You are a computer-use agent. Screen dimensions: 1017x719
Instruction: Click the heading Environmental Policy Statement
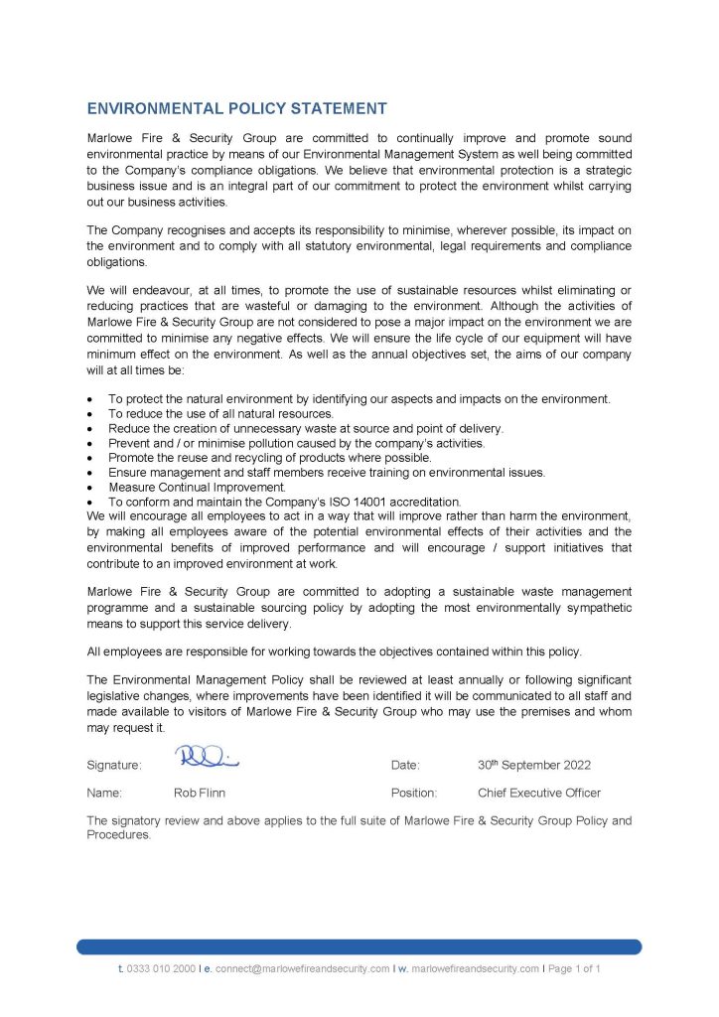coord(236,108)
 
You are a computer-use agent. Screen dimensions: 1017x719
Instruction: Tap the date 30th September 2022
coord(534,765)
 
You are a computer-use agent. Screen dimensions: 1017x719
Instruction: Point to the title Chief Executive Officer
coord(538,793)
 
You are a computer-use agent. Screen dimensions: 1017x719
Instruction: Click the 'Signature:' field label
coord(114,765)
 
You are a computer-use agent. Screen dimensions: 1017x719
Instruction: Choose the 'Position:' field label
coord(414,793)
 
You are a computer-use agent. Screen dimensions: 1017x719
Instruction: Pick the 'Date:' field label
coord(405,765)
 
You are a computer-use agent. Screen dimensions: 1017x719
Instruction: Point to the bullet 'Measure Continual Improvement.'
coord(197,488)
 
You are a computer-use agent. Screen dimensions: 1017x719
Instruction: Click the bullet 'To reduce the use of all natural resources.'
coord(220,413)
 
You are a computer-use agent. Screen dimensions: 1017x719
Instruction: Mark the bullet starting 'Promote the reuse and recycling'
coord(269,458)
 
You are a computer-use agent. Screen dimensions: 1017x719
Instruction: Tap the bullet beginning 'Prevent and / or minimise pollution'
coord(296,443)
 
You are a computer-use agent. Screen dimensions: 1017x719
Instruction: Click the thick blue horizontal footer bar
coord(359,946)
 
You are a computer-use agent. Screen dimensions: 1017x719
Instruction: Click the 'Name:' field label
coord(104,793)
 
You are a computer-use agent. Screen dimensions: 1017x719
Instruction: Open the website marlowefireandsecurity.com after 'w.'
coord(475,967)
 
